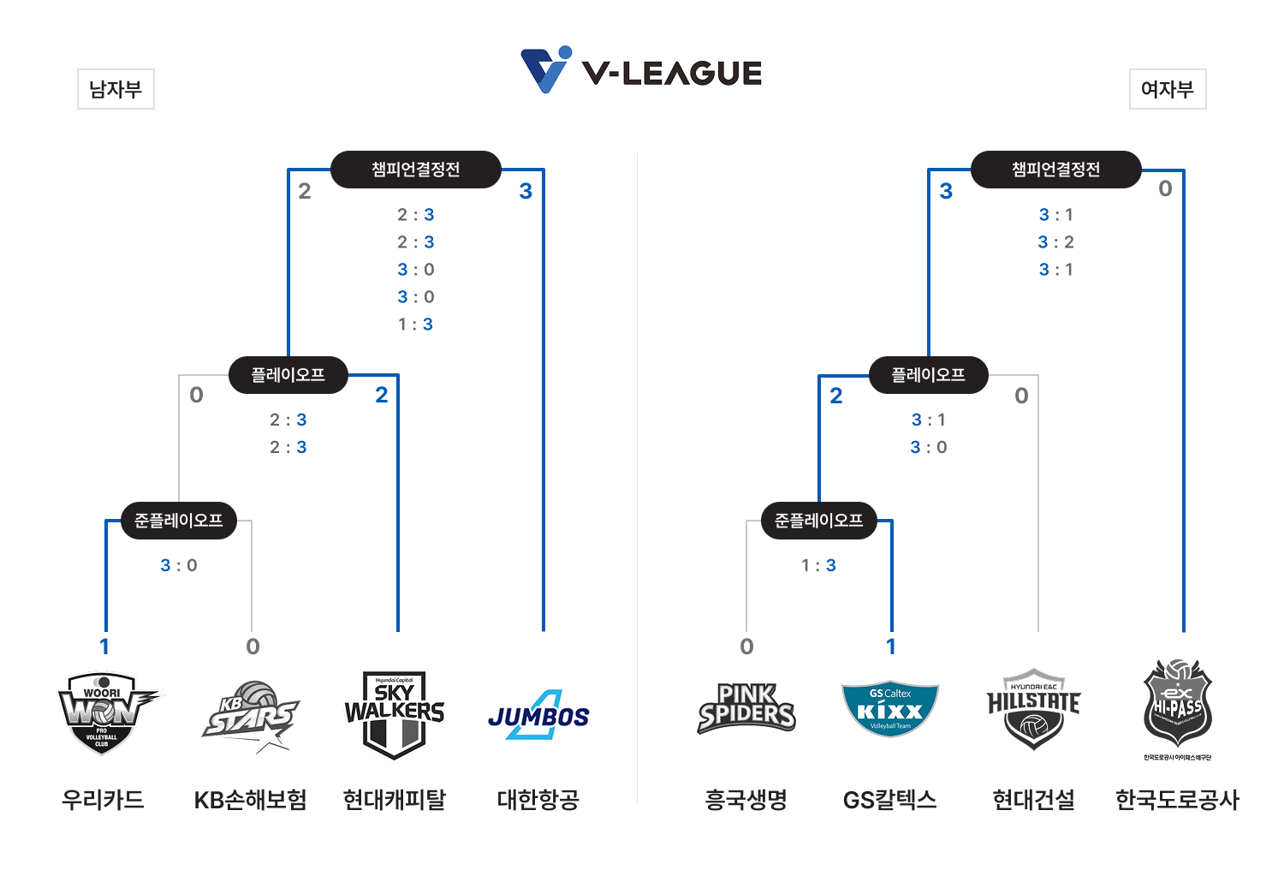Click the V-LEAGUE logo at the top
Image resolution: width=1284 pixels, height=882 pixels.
(641, 71)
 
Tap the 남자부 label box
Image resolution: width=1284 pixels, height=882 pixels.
(116, 89)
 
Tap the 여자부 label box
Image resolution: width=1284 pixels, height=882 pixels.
(1168, 89)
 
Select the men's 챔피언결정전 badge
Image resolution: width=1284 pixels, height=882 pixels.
(416, 170)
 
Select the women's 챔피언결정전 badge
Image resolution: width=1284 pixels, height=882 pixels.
(1056, 170)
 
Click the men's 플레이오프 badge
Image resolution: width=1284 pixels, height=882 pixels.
(288, 375)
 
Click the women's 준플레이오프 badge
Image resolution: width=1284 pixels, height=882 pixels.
(819, 521)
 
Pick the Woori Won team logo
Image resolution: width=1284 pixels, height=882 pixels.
(104, 712)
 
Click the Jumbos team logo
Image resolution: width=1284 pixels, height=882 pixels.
(539, 715)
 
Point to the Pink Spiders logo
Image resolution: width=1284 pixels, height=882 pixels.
(746, 709)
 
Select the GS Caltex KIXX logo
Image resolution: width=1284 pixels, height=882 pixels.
(890, 710)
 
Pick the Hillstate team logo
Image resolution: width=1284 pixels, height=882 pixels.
(1034, 709)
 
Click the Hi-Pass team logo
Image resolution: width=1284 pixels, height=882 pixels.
(1178, 706)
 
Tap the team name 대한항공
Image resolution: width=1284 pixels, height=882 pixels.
(538, 800)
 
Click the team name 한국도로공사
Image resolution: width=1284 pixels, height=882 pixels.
(1178, 800)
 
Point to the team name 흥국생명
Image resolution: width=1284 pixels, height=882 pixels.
(746, 800)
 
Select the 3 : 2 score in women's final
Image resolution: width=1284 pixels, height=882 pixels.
(1056, 242)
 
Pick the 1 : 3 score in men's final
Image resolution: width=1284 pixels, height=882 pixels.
(416, 325)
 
